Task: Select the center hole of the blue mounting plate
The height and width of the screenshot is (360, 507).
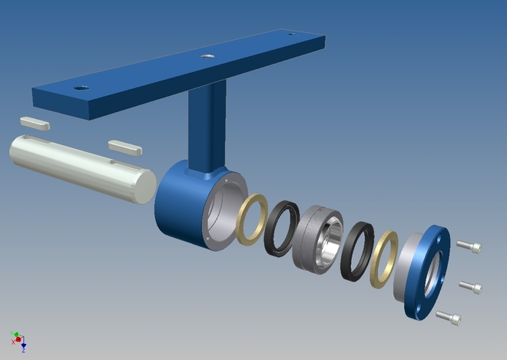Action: [206, 56]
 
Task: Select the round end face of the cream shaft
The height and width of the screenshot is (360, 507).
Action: [144, 187]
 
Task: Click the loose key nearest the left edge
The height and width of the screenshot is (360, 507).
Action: [35, 121]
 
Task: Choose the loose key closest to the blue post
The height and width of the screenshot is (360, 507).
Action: [122, 145]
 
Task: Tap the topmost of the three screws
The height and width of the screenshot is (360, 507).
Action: [470, 247]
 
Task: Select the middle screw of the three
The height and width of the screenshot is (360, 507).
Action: [470, 287]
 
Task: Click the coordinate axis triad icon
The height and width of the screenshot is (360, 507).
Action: [18, 340]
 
